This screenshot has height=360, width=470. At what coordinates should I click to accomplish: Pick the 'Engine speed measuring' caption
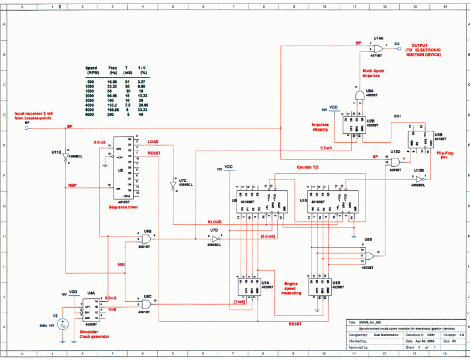coord(291,287)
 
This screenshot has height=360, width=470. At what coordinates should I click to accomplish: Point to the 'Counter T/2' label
coord(309,167)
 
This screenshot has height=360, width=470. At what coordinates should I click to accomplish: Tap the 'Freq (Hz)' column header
coord(112,70)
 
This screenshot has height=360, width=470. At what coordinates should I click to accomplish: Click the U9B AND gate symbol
coord(145,238)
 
